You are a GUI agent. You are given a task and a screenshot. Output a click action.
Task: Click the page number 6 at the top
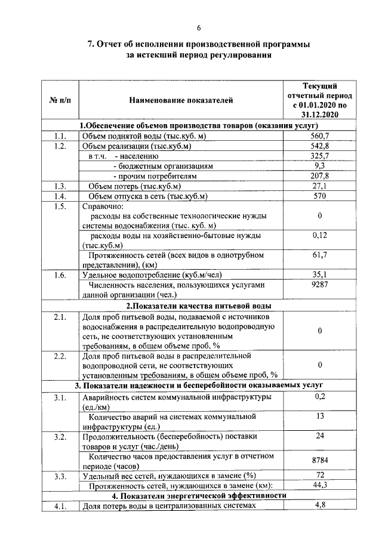[199, 27]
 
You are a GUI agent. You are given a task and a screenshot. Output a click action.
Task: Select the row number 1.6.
[59, 275]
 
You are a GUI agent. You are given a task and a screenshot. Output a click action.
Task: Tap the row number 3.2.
[59, 437]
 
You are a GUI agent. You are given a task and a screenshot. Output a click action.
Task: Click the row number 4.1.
[59, 506]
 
